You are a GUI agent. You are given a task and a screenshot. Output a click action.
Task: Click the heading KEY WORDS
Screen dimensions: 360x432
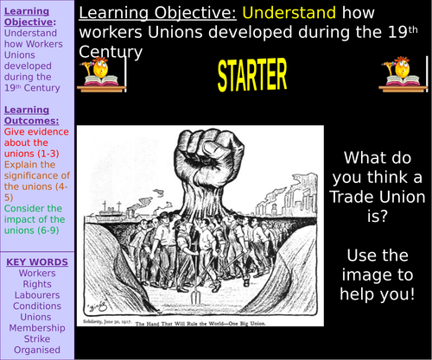(x=36, y=262)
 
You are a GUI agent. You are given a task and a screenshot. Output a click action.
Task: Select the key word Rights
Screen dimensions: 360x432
(x=36, y=284)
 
